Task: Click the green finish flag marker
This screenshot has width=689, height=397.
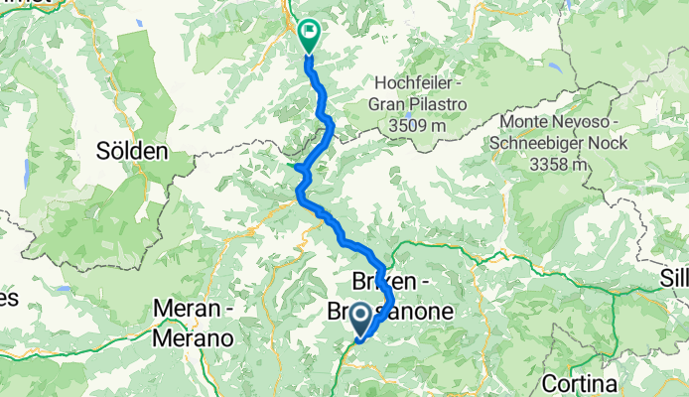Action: pyautogui.click(x=309, y=37)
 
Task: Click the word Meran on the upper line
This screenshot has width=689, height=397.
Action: pyautogui.click(x=187, y=311)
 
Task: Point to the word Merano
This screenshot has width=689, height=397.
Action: pyautogui.click(x=194, y=337)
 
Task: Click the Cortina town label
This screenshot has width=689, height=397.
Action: pyautogui.click(x=580, y=383)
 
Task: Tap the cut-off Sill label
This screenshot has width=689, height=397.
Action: pyautogui.click(x=675, y=278)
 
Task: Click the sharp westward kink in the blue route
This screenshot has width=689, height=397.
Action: pyautogui.click(x=297, y=168)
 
